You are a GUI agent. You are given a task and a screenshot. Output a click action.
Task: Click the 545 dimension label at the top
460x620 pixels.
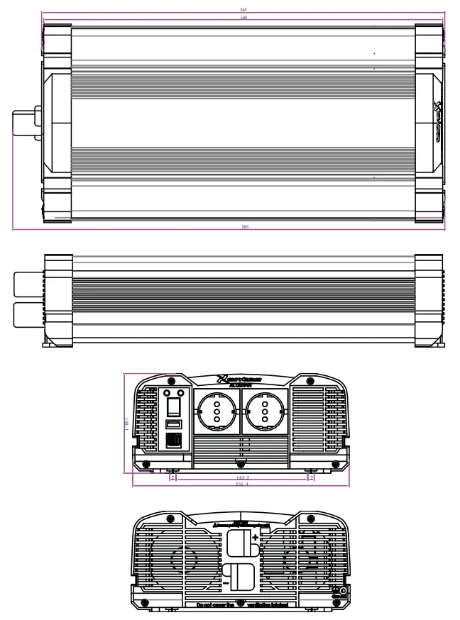(243, 10)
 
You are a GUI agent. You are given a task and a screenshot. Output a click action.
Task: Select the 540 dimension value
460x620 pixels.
(243, 17)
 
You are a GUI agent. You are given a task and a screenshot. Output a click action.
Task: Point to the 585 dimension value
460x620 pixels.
(243, 226)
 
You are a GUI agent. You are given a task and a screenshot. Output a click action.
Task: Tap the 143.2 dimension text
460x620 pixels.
(243, 477)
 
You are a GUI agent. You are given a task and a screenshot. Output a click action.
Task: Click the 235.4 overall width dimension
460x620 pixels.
(243, 484)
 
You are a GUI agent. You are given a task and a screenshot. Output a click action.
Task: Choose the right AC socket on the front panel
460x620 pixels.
(263, 411)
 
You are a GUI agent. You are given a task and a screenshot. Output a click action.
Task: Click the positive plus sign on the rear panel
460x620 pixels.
(255, 538)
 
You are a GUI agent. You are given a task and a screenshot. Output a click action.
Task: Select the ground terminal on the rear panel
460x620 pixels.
(343, 590)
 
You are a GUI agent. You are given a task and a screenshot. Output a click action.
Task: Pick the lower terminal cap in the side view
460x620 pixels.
(28, 314)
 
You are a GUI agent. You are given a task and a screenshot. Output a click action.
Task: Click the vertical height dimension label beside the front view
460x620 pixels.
(126, 423)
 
